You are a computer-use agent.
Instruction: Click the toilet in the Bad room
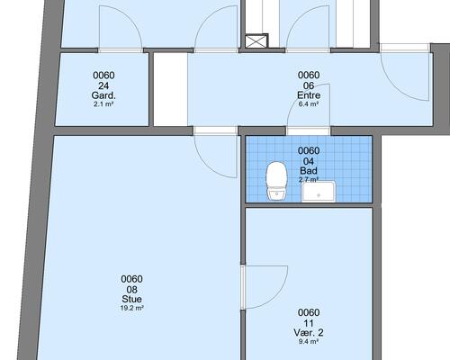[276, 181]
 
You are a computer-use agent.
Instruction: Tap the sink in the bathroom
[319, 192]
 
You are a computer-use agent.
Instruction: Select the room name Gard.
[103, 95]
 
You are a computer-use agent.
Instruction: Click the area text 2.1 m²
[103, 104]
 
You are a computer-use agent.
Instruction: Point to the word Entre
[309, 95]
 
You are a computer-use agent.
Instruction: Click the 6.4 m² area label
[309, 104]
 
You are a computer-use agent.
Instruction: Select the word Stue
[132, 299]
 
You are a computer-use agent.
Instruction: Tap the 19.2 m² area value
[132, 308]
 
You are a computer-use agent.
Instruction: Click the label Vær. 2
[309, 333]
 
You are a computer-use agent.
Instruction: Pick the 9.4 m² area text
[309, 341]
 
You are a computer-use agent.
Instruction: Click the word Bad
[309, 171]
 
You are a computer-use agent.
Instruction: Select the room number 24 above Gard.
[103, 86]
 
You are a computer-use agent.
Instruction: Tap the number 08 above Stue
[132, 290]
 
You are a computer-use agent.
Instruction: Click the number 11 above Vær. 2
[309, 323]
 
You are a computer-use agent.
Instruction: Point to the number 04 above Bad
[309, 161]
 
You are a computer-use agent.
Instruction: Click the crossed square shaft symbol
[256, 41]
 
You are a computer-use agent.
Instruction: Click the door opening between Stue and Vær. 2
[243, 287]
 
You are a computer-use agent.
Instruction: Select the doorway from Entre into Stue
[215, 130]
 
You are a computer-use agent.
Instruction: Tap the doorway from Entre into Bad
[309, 131]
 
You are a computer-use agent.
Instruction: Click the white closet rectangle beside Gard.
[171, 89]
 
